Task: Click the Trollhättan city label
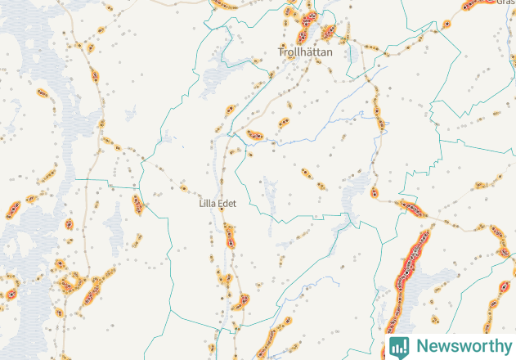click(306, 52)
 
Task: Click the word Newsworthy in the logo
click(462, 346)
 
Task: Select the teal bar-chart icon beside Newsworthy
click(399, 346)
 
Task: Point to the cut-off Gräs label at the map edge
click(505, 3)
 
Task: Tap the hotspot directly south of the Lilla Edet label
click(229, 236)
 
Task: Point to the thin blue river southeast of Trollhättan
click(327, 127)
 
